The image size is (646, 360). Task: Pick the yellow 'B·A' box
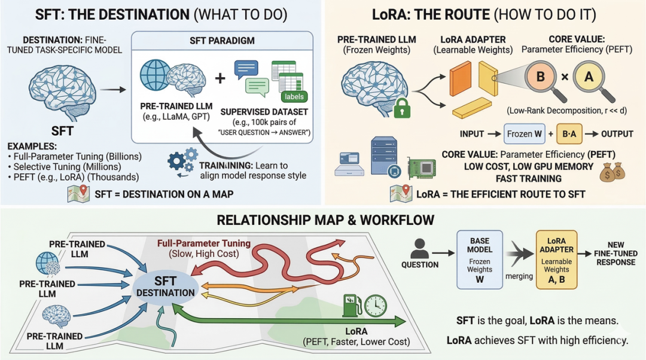tap(569, 134)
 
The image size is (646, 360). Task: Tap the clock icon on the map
tap(376, 306)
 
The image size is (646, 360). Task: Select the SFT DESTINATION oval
tap(165, 287)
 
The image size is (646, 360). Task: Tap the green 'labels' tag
tap(294, 96)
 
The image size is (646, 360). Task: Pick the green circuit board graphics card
tap(421, 168)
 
